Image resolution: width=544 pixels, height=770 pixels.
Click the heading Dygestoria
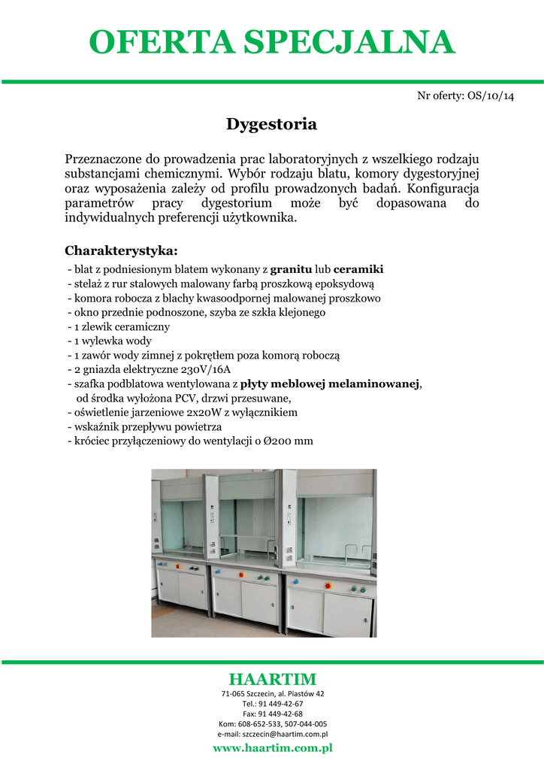tap(271, 124)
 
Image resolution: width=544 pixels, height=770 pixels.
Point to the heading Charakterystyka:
tap(121, 250)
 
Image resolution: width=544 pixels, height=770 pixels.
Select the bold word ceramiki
tap(358, 269)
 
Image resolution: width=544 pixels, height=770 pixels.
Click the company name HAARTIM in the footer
tap(272, 680)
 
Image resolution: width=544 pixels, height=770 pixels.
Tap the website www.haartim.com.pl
tap(272, 748)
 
